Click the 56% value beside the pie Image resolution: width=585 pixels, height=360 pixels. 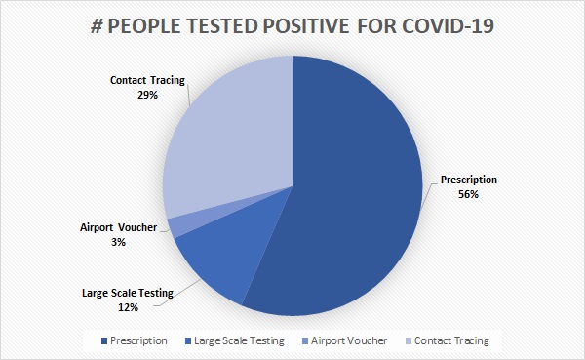tap(468, 194)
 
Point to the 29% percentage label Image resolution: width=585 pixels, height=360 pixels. tap(148, 95)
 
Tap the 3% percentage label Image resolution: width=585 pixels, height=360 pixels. tap(118, 242)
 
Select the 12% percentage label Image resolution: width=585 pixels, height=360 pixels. tap(129, 307)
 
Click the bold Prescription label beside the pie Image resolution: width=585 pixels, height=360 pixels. tap(469, 180)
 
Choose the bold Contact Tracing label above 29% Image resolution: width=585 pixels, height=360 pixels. tap(148, 80)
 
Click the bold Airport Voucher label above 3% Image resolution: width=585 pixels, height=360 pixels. tap(118, 227)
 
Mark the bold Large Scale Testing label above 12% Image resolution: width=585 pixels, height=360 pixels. tap(128, 293)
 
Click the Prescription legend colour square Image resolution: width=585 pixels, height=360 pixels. tap(104, 340)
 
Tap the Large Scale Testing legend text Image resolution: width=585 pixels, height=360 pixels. tap(239, 340)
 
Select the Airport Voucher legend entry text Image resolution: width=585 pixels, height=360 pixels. tap(349, 340)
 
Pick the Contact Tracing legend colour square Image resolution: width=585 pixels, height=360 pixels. tap(409, 340)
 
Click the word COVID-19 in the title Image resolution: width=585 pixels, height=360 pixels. tap(448, 26)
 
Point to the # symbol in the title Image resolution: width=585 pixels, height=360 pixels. tap(97, 26)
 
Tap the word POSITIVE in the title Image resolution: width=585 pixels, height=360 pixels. tap(306, 26)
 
